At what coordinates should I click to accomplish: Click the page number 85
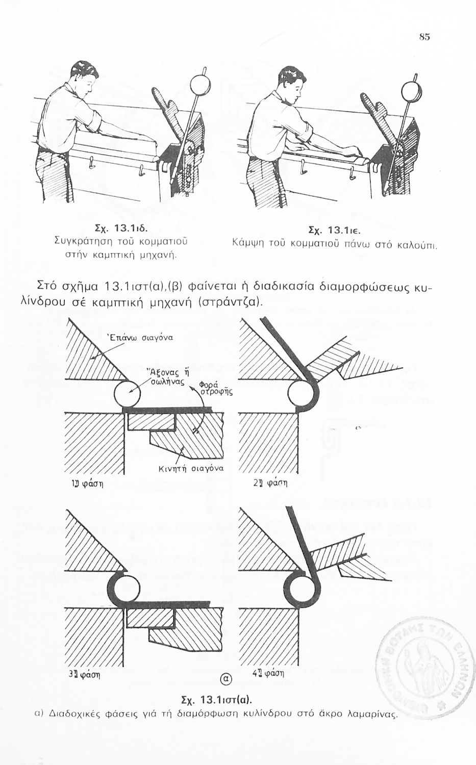[x=424, y=37]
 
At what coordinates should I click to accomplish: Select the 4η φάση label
[x=268, y=674]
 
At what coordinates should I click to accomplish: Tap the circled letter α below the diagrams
[x=226, y=678]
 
